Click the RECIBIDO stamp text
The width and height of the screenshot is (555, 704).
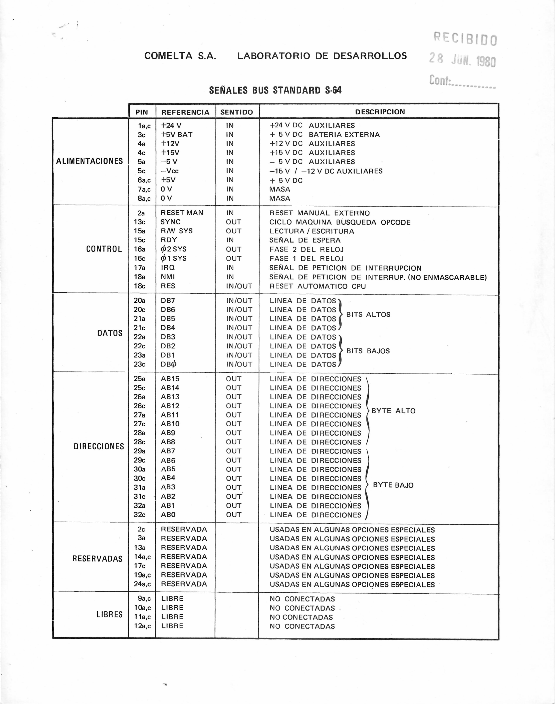point(465,39)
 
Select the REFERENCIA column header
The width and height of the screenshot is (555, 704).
point(185,112)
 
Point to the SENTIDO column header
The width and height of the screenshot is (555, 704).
point(237,112)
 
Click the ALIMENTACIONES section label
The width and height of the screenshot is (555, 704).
point(89,161)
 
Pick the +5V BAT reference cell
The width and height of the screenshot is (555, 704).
point(177,134)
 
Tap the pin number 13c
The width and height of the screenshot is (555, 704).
point(139,222)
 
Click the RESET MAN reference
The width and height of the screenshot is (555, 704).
point(182,213)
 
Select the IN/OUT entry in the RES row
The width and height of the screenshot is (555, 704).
point(239,286)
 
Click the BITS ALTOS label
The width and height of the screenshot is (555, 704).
point(368,314)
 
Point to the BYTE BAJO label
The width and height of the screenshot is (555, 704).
point(393,485)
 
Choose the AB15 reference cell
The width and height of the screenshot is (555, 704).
point(170,379)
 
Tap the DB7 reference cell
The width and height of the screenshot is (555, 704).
point(168,300)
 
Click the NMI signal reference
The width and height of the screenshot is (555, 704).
point(168,277)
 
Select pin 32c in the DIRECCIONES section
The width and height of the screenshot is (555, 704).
point(139,515)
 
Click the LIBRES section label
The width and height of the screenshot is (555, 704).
point(109,614)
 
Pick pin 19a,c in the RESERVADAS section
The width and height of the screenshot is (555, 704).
point(142,575)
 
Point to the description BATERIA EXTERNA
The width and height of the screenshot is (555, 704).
point(344,134)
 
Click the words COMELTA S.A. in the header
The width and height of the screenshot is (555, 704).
point(180,56)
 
